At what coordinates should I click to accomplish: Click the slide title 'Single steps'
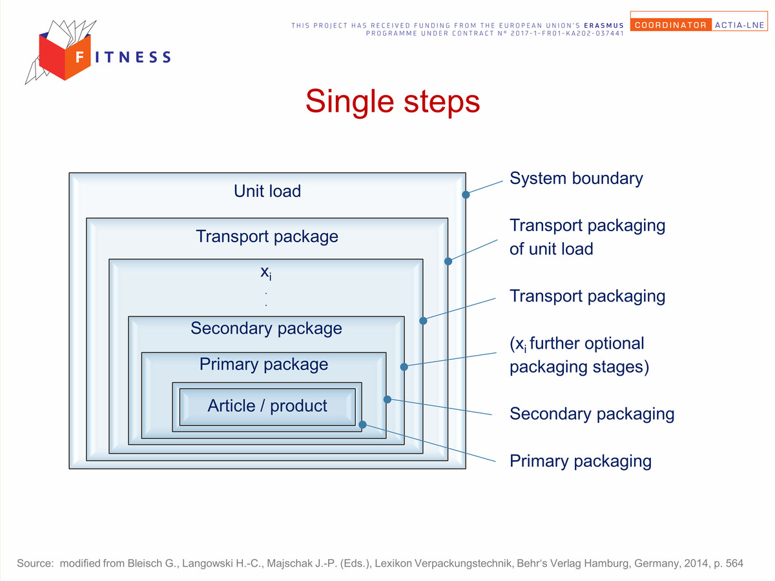coord(392,101)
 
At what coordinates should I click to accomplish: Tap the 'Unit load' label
coord(267,191)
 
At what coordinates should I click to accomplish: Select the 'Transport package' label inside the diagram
coord(267,237)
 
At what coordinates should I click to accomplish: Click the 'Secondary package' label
coord(266,329)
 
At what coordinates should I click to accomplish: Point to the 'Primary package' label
coord(263,364)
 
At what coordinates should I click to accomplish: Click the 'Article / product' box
coord(267,407)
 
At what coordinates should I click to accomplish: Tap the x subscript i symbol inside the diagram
coord(266,273)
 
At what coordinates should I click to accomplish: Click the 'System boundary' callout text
coord(576,179)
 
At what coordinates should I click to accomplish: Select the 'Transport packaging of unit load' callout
coord(587,237)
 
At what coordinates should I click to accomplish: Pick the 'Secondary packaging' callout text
coord(592,414)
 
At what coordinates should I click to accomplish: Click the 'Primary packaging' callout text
coord(581,461)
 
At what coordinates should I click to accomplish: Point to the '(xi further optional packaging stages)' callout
coord(579,355)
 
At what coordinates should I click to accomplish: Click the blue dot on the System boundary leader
coord(466,195)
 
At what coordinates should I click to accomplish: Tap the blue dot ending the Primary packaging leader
coord(362,424)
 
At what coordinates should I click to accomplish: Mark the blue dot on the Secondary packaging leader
coord(387,400)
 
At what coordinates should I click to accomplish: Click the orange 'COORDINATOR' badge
coord(671,25)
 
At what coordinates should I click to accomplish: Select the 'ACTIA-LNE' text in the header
coord(739,25)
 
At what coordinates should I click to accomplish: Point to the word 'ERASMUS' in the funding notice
coord(604,25)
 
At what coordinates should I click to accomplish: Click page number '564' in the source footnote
coord(734,563)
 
